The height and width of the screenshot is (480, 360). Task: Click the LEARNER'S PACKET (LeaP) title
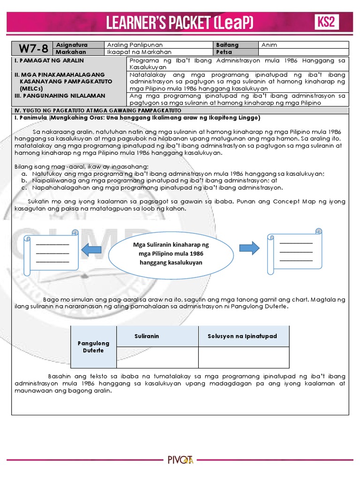180,22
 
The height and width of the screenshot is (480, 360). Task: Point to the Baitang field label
227,45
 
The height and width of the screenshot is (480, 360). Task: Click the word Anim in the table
270,45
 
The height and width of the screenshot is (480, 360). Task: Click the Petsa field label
224,52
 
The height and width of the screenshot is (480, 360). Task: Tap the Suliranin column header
147,336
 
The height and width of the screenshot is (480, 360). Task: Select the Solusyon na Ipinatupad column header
242,336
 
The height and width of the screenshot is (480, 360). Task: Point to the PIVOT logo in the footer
180,460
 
